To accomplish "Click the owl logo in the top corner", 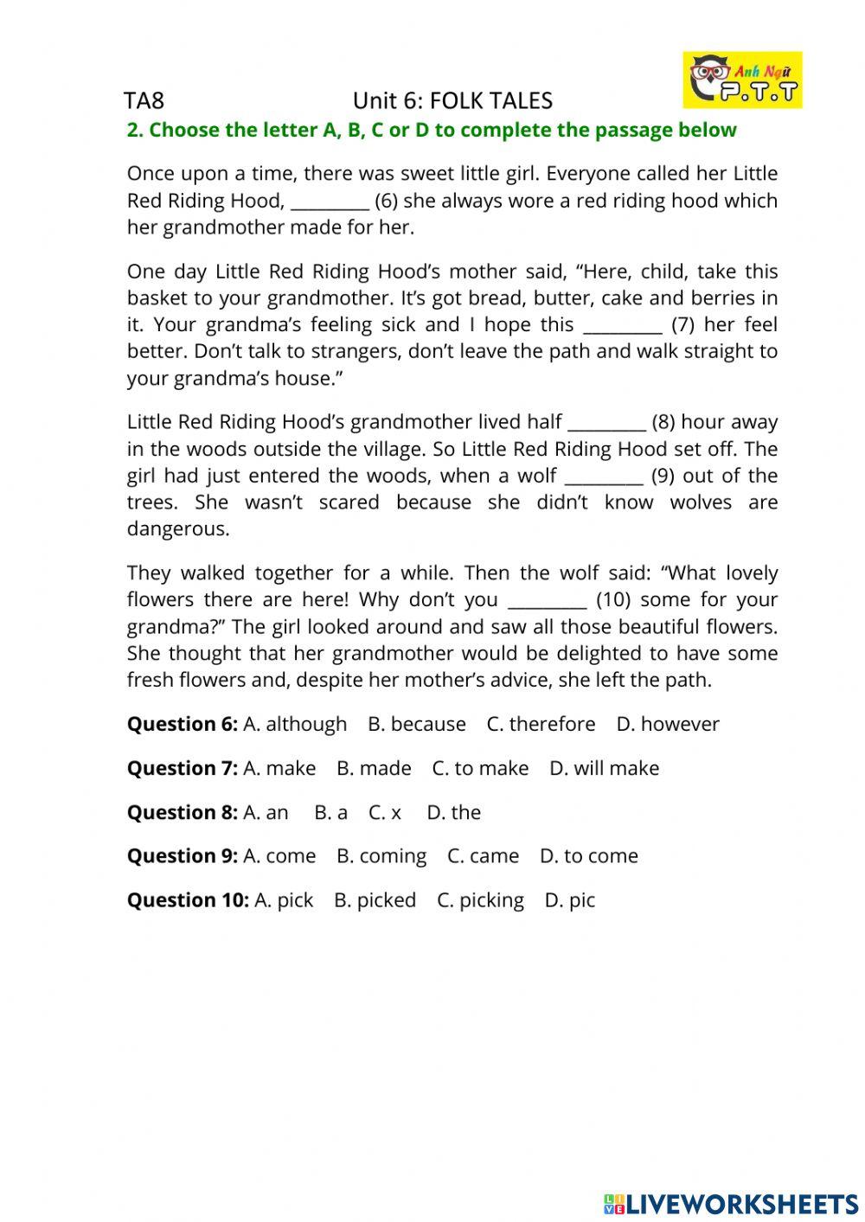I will pyautogui.click(x=742, y=80).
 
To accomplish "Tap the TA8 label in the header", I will pyautogui.click(x=144, y=101).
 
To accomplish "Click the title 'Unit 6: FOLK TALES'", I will pyautogui.click(x=452, y=101).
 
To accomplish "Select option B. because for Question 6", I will pyautogui.click(x=416, y=724).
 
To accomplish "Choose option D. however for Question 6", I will pyautogui.click(x=667, y=724).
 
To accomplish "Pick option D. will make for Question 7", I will pyautogui.click(x=604, y=768).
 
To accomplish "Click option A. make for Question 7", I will pyautogui.click(x=279, y=768).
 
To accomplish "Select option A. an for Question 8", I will pyautogui.click(x=266, y=812).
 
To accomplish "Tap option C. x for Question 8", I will pyautogui.click(x=385, y=812).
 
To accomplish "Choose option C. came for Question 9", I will pyautogui.click(x=483, y=856).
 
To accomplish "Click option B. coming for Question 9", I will pyautogui.click(x=381, y=856).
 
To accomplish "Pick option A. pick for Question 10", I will pyautogui.click(x=284, y=900).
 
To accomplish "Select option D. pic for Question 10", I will pyautogui.click(x=569, y=900).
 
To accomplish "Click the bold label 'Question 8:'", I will pyautogui.click(x=182, y=812).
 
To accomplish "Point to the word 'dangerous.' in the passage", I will pyautogui.click(x=178, y=529).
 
